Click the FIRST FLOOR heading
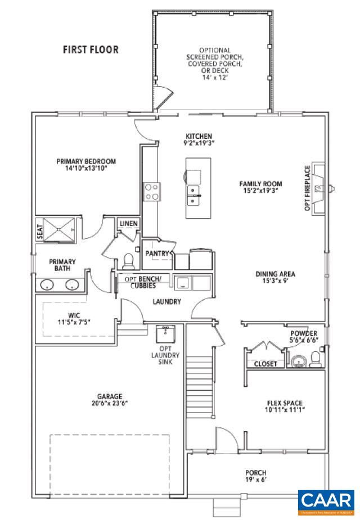pos(91,49)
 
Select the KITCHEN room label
pos(199,137)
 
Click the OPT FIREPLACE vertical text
pos(307,188)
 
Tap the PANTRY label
pos(157,254)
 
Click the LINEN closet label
pos(128,224)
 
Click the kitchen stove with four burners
pos(151,192)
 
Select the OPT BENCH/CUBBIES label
pos(143,282)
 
